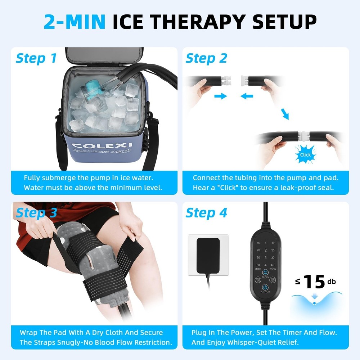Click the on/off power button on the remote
tap(265, 288)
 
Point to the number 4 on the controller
tap(265, 265)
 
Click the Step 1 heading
tap(36, 58)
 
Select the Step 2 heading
tap(206, 58)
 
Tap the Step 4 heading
tap(206, 213)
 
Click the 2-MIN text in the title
tap(75, 22)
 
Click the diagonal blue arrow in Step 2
tap(285, 114)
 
